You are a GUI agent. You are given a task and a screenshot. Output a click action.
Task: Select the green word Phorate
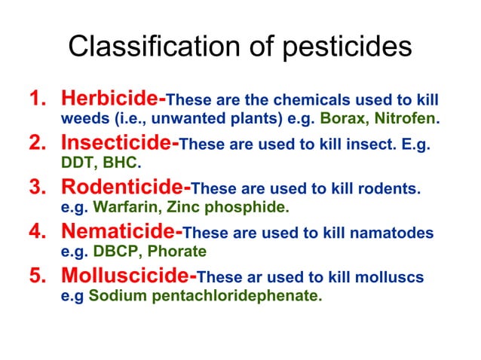[x=178, y=250]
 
